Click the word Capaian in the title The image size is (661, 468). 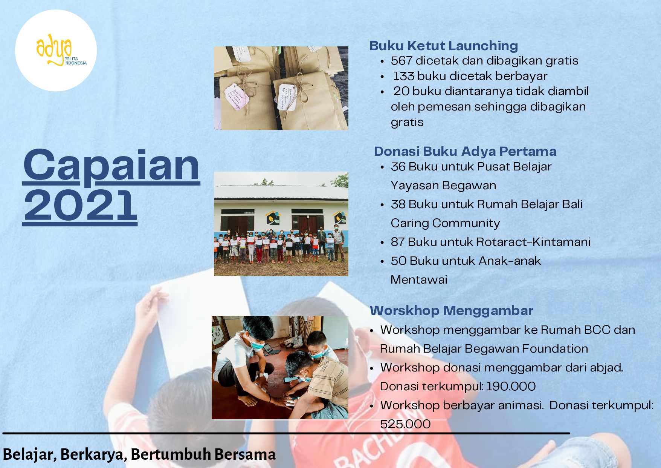click(111, 166)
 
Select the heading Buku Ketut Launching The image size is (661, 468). click(444, 46)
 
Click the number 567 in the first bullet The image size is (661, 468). click(401, 60)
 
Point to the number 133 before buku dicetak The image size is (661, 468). click(403, 76)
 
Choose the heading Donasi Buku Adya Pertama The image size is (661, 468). click(465, 151)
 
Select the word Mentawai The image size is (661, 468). click(419, 279)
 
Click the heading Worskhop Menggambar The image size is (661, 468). click(452, 311)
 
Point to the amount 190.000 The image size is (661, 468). click(511, 386)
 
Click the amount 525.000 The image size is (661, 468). click(405, 424)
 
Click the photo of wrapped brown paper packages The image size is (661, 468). click(281, 88)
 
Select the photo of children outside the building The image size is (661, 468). click(281, 224)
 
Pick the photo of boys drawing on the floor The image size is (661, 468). click(280, 367)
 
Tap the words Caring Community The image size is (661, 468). click(445, 223)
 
